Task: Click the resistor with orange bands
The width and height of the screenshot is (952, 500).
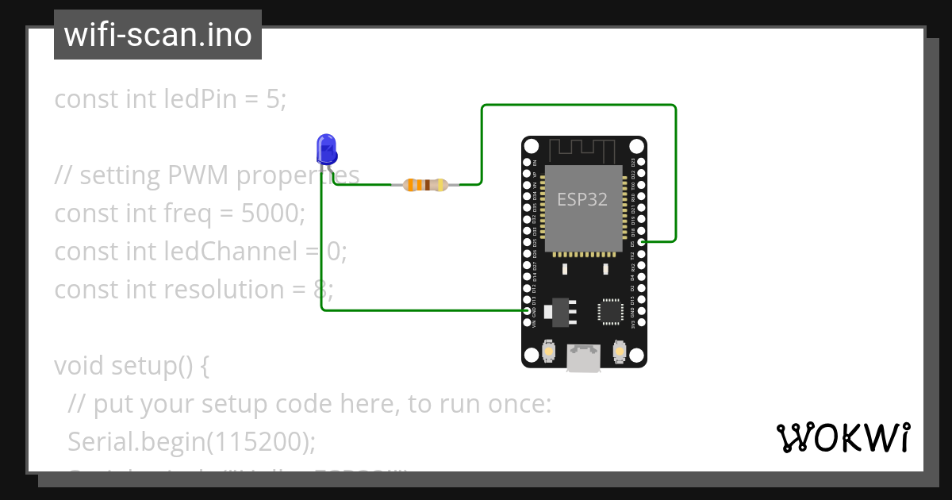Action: tap(425, 185)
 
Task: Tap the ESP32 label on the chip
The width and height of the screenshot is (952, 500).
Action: tap(582, 199)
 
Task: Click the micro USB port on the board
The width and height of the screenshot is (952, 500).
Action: tap(584, 359)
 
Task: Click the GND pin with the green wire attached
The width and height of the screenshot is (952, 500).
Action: tap(528, 311)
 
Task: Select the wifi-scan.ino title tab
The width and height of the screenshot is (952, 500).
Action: tap(158, 35)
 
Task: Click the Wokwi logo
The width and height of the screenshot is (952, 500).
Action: tap(843, 437)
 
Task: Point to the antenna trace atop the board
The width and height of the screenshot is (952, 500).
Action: tap(583, 148)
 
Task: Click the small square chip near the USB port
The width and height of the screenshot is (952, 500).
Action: tap(610, 310)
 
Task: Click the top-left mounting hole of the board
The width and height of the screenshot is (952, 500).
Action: tap(531, 146)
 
